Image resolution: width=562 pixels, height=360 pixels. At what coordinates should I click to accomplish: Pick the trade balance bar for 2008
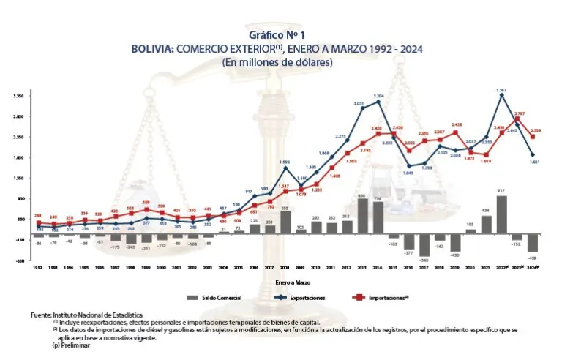tap(285, 222)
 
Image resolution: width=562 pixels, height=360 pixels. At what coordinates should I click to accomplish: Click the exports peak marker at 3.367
tap(501, 96)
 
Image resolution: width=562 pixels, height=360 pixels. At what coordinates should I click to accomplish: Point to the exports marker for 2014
tap(378, 102)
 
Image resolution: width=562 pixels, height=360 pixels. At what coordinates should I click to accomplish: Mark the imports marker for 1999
tap(146, 210)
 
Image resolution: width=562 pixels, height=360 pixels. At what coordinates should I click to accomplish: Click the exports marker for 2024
tap(533, 155)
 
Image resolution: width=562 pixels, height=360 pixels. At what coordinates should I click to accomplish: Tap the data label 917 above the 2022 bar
tap(501, 191)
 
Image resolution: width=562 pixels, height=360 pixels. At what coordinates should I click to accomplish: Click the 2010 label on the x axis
tap(316, 269)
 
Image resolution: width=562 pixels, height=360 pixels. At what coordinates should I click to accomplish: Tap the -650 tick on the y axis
tap(18, 260)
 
